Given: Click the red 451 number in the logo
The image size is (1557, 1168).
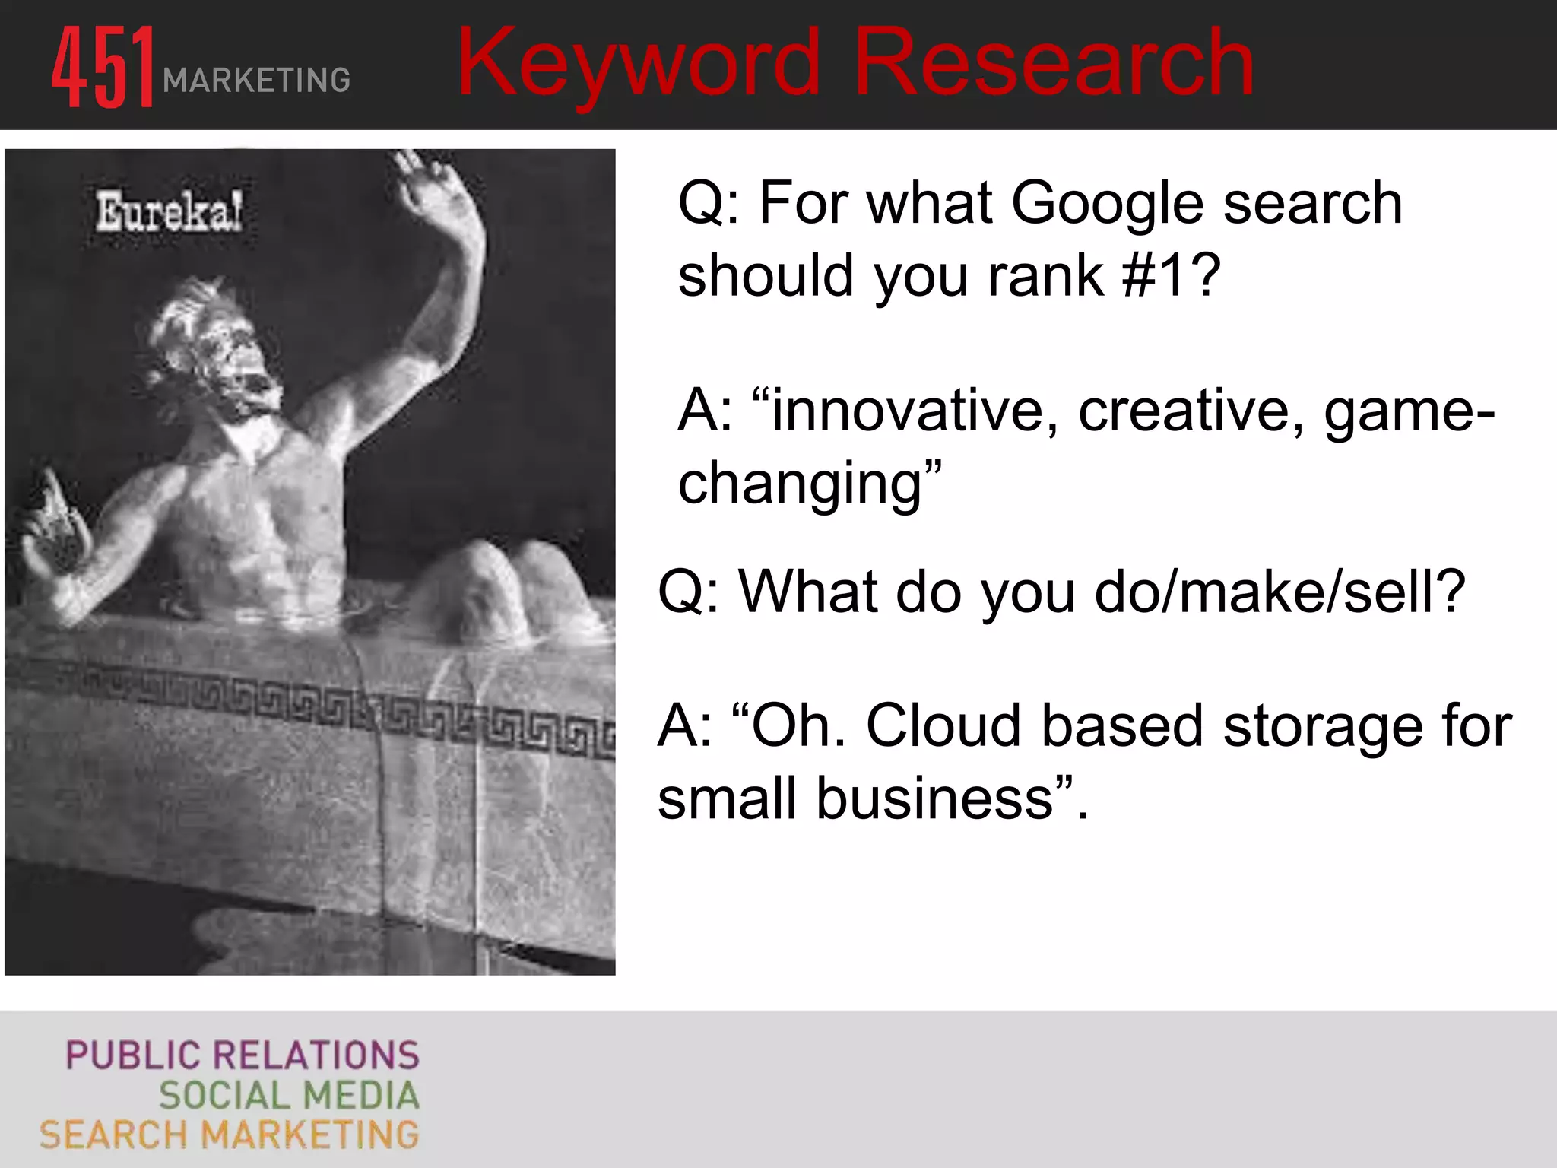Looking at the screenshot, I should [x=103, y=67].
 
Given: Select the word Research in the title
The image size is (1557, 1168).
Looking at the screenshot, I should [x=1053, y=64].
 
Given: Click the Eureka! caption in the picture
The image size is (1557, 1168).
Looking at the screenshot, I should [x=169, y=212].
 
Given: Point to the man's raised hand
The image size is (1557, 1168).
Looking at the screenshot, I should [x=433, y=190].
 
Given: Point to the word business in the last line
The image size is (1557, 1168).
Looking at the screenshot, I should [x=935, y=798].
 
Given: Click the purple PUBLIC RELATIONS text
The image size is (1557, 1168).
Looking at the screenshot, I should [x=242, y=1055].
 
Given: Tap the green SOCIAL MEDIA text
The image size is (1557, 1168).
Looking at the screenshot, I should [x=289, y=1095].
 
